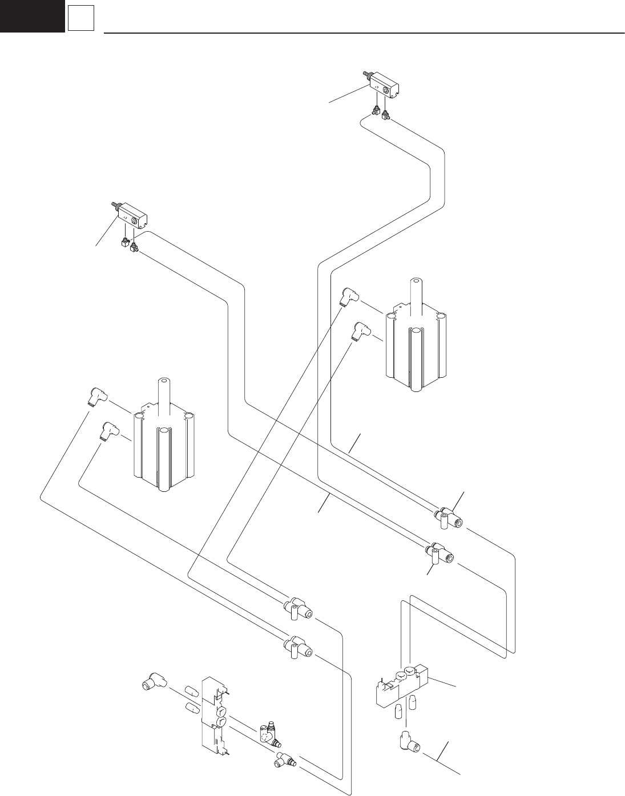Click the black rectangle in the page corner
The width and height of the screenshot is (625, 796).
[x=32, y=15]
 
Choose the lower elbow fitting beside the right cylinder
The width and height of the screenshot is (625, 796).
[x=360, y=330]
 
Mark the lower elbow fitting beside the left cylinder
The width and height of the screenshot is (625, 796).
[x=108, y=430]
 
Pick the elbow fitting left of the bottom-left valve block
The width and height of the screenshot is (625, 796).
[x=153, y=681]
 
